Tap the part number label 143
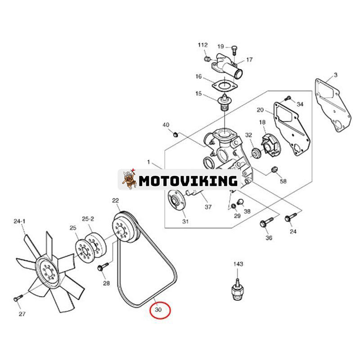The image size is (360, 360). click(238, 264)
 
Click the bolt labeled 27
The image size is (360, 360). click(18, 298)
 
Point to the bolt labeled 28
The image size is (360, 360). click(103, 267)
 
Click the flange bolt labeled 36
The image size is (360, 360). click(266, 221)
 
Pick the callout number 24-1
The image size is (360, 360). click(19, 221)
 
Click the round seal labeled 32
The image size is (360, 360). click(256, 153)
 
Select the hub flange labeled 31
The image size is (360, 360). click(176, 200)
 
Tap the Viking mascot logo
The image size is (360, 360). click(129, 179)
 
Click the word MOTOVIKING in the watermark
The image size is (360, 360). click(188, 181)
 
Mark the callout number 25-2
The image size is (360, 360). click(88, 219)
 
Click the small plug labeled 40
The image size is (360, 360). click(175, 134)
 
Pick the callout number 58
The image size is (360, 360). click(283, 181)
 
